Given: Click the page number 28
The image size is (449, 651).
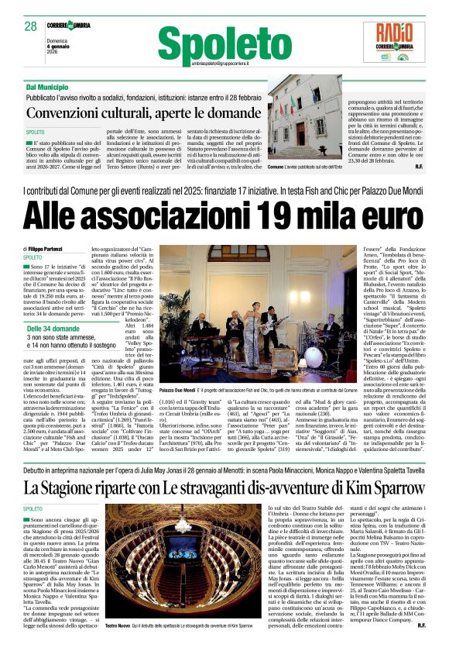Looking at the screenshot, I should point(31,26).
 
